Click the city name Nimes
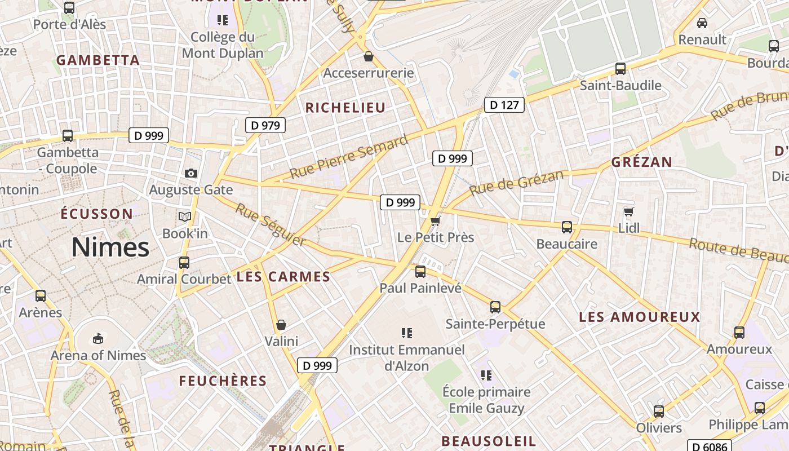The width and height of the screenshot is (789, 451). coord(110,247)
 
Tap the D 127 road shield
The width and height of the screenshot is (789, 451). coord(504,105)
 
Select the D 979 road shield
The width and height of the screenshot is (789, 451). coord(265,125)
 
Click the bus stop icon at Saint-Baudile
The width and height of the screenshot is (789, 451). coord(620,69)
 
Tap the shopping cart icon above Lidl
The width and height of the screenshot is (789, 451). coord(629,212)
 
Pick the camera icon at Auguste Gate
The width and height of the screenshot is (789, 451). coord(191,173)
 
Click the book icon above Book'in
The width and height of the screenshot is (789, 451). coord(185,216)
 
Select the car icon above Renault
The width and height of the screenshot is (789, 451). coord(702,23)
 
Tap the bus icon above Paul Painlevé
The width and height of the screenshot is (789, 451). coord(420,272)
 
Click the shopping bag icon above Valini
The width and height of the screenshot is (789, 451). coord(281,325)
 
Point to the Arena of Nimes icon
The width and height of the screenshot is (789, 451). coord(98,338)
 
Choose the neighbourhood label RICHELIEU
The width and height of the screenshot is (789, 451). coord(345,108)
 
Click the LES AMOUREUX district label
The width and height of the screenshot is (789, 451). coord(640,317)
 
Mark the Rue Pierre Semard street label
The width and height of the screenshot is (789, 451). coord(348,157)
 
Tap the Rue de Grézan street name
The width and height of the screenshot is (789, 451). coord(516,183)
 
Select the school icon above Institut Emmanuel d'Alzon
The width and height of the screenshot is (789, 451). coord(407,333)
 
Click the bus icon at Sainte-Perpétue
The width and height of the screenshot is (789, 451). coord(495,307)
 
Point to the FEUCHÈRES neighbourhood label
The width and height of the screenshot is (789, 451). coord(223,381)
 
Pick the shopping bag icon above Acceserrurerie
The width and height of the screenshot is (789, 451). coord(369,56)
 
